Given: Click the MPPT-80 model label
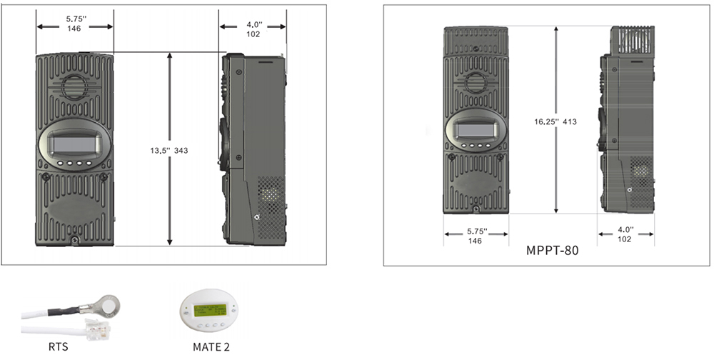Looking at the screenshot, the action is [553, 251].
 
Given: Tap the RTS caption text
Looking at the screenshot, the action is [59, 346].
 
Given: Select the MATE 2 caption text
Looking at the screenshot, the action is [211, 346].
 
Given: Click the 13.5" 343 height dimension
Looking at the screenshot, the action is [169, 151].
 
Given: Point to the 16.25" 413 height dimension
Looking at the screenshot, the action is [555, 121].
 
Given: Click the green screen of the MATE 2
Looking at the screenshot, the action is [210, 310].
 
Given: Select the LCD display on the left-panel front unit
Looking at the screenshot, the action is [75, 144].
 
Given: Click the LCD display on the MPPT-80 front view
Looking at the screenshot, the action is [476, 130].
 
